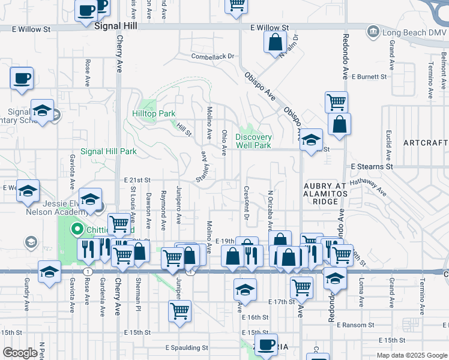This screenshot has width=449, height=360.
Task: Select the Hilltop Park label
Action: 154,113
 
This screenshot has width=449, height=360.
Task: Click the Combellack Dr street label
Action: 212,56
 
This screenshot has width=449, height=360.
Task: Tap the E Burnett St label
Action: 371,77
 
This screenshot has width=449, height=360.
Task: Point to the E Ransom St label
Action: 356,325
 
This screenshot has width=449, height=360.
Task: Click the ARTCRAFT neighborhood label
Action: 425,143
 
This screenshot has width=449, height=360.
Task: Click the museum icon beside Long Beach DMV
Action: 372,31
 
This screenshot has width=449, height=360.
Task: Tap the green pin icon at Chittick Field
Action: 76,229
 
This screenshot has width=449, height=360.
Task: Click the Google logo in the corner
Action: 20,353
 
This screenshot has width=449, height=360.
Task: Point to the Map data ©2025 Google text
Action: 411,355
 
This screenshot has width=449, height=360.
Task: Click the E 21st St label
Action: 137,180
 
